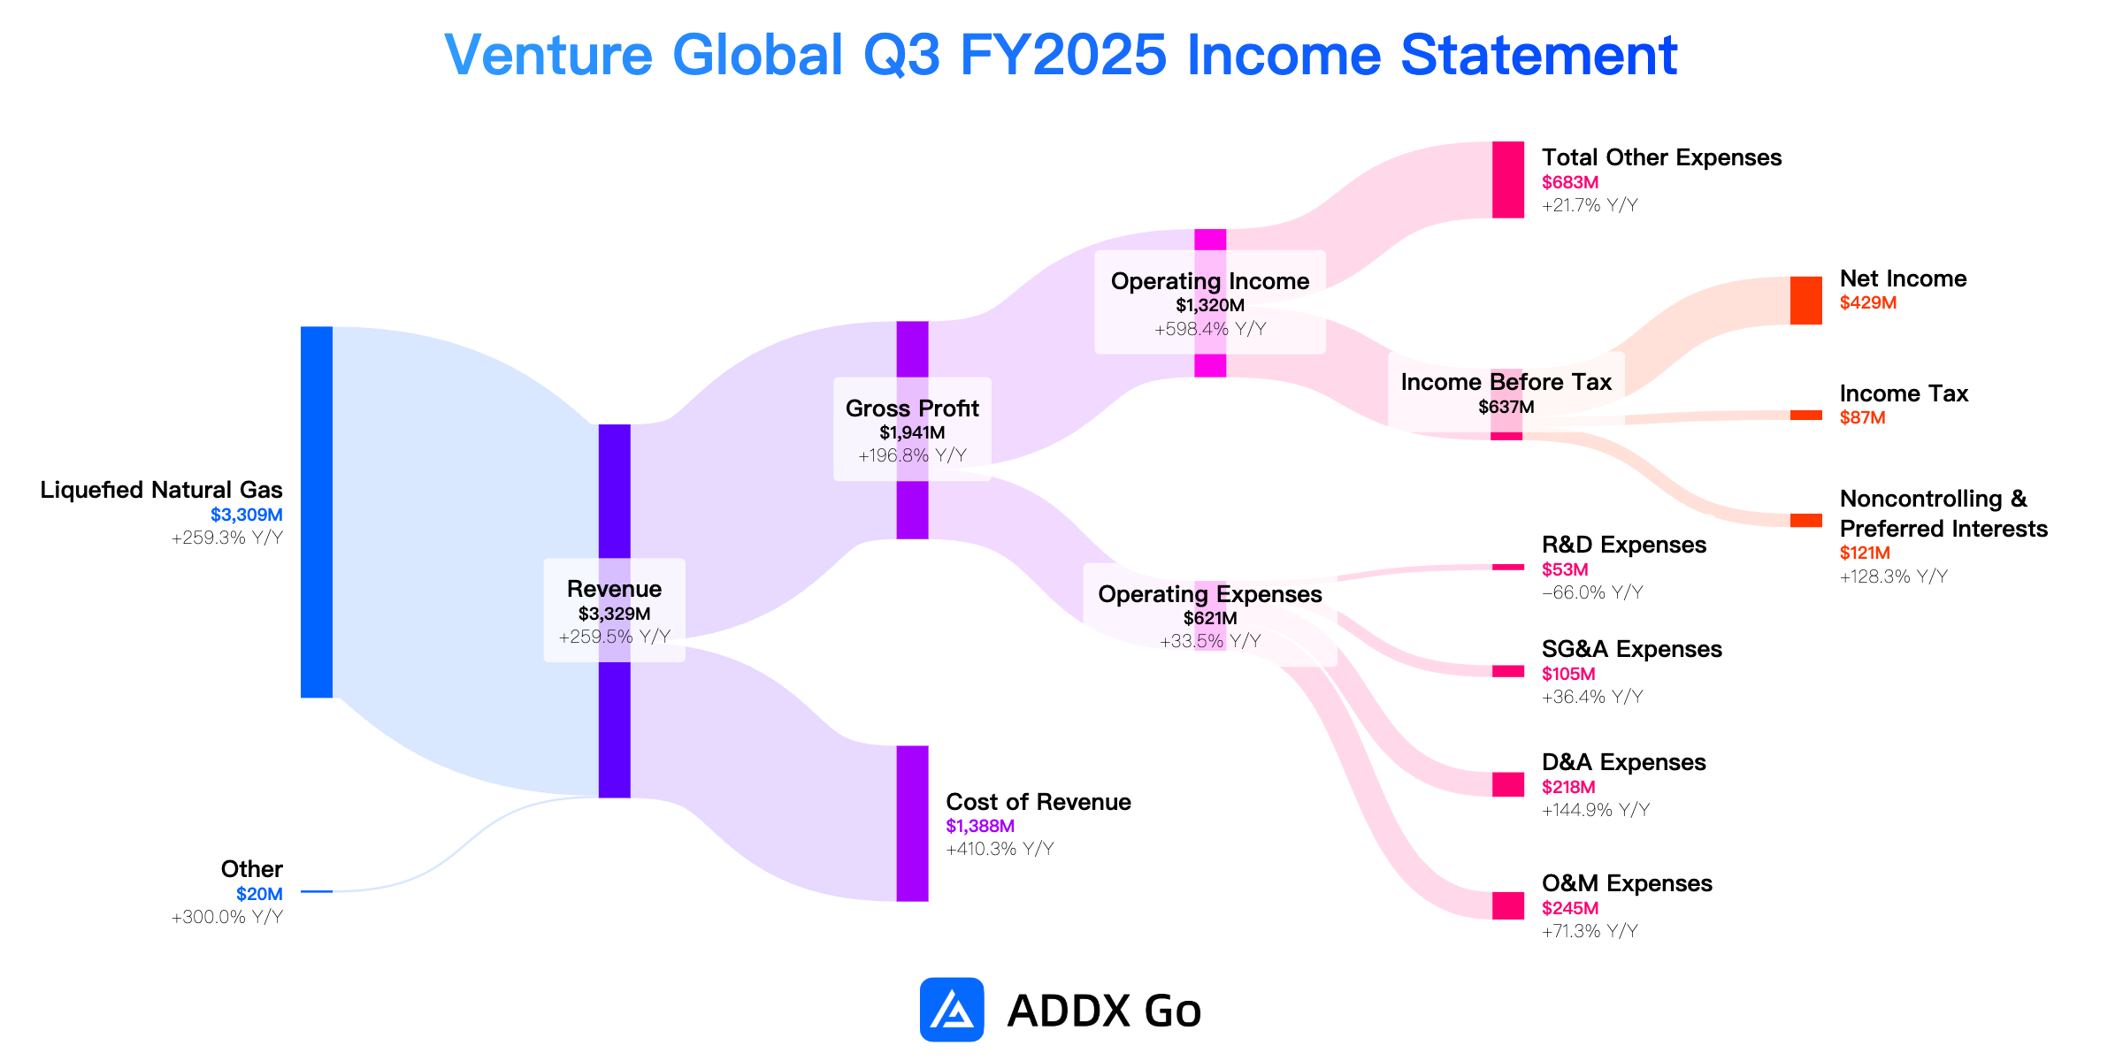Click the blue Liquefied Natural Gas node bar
click(317, 512)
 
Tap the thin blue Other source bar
click(317, 891)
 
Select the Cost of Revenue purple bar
click(913, 823)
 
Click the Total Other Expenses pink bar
click(1508, 179)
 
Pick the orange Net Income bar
click(1806, 301)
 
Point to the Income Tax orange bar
click(1806, 416)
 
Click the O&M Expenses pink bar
click(1508, 905)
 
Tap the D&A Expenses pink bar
click(1508, 784)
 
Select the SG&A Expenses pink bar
click(1508, 671)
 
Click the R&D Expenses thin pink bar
click(1508, 567)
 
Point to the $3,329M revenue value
click(615, 614)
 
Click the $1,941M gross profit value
click(912, 432)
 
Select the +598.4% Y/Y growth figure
click(1210, 329)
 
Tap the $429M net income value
click(1868, 302)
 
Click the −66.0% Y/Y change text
click(1592, 592)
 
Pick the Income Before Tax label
click(1506, 382)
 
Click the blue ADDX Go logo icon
click(952, 1009)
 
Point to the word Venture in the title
click(548, 55)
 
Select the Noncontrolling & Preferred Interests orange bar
click(1806, 520)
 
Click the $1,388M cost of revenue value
click(980, 826)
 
